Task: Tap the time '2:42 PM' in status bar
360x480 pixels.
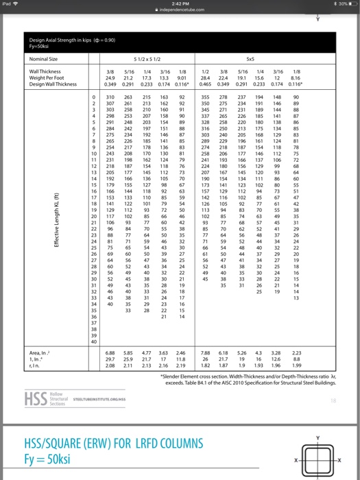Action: pyautogui.click(x=180, y=4)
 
